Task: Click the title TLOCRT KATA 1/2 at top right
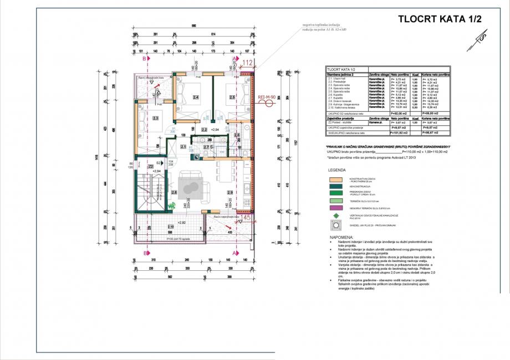440,18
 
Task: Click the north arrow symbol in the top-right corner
481,37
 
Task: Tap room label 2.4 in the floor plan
195,97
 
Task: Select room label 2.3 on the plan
156,118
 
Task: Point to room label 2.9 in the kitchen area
230,192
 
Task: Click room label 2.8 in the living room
174,192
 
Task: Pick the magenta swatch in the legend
337,208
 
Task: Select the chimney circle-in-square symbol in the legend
337,225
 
